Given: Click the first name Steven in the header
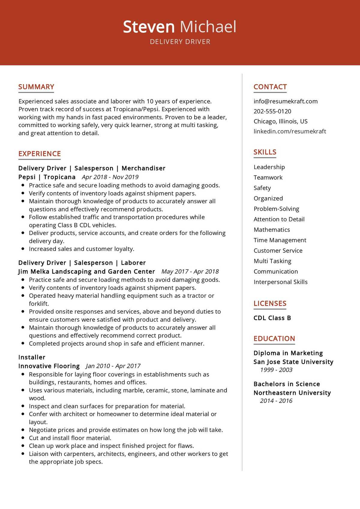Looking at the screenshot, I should (x=148, y=27).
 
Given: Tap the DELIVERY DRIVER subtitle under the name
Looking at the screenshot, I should (x=180, y=42).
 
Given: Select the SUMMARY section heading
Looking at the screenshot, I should (x=36, y=87).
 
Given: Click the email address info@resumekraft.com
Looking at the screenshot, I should (x=285, y=101).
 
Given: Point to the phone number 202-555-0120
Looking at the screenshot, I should (x=272, y=111).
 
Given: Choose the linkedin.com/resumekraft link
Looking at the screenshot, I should (x=289, y=131).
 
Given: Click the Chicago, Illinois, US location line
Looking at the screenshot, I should (x=280, y=121).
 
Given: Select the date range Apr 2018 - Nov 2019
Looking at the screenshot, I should (x=110, y=177).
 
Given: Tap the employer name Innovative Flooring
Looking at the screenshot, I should (x=49, y=366).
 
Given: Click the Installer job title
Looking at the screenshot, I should (x=32, y=357).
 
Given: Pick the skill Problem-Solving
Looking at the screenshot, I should (x=276, y=209).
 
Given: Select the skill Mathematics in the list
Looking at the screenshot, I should (x=271, y=230).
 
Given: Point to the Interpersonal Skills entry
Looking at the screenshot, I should (x=280, y=282).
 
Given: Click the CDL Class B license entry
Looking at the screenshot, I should (x=272, y=318).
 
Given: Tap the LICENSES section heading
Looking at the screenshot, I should (x=270, y=304).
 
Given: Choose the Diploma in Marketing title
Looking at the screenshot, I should (x=288, y=353).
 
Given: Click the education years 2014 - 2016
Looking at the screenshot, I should (x=276, y=401).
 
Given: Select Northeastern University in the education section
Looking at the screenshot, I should (x=292, y=393).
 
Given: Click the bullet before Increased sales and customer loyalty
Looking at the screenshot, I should (x=23, y=249).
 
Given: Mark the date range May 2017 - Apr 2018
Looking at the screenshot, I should (x=190, y=272).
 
